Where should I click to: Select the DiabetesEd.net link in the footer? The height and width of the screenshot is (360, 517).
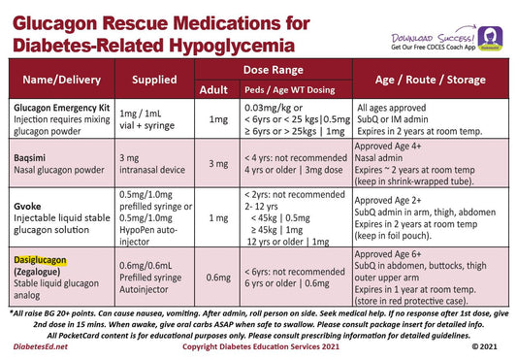tap(42, 345)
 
